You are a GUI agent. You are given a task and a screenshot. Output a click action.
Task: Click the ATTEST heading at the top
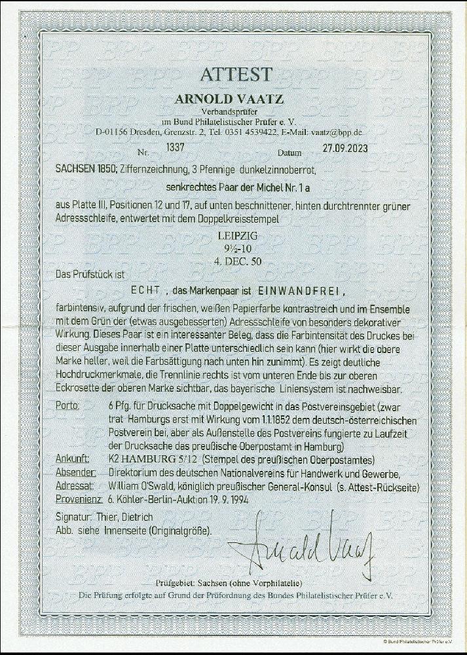233,74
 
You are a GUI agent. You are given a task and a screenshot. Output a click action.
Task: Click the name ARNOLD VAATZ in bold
233,99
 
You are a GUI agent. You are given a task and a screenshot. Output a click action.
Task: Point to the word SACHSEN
68,170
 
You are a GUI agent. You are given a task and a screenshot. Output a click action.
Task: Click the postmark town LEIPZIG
233,233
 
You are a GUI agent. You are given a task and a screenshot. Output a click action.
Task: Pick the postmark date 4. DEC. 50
233,257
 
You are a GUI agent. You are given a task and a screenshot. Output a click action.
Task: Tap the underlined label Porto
68,406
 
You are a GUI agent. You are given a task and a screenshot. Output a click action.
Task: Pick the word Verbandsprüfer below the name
233,111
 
